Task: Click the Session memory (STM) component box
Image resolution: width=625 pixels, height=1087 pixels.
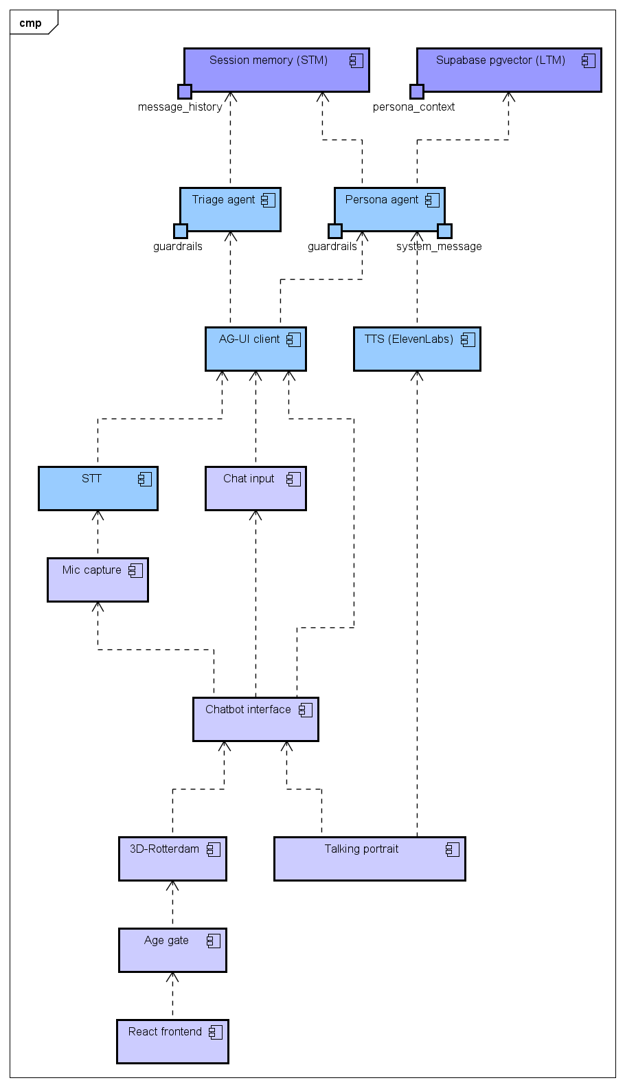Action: [276, 70]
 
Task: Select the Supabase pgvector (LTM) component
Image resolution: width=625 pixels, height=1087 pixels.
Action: [508, 70]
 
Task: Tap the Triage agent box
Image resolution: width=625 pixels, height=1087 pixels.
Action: [230, 210]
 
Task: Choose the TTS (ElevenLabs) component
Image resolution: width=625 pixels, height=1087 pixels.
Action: [417, 349]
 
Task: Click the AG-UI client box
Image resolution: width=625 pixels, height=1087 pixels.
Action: [255, 349]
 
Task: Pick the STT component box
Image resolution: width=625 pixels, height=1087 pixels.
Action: [98, 489]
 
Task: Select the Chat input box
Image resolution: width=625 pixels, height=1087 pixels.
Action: [255, 489]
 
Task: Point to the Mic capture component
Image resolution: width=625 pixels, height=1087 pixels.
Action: [98, 580]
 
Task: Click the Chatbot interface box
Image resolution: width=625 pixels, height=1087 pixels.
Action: [255, 719]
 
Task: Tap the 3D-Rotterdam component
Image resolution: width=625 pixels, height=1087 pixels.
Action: [172, 859]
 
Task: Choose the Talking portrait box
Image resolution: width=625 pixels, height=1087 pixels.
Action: [370, 859]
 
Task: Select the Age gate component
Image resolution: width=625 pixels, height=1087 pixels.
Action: [172, 950]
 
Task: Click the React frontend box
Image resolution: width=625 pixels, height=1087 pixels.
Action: [172, 1042]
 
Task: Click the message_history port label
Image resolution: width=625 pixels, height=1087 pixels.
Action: [180, 107]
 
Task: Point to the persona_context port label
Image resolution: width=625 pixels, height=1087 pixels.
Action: [413, 107]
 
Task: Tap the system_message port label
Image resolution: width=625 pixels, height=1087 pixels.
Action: [439, 247]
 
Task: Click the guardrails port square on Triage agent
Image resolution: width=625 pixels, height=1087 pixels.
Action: [181, 231]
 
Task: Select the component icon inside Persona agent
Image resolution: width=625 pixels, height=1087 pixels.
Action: [432, 200]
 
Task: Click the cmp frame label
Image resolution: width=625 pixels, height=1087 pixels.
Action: [30, 23]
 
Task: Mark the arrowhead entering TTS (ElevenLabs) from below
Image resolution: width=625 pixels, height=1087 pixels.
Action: [417, 376]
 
